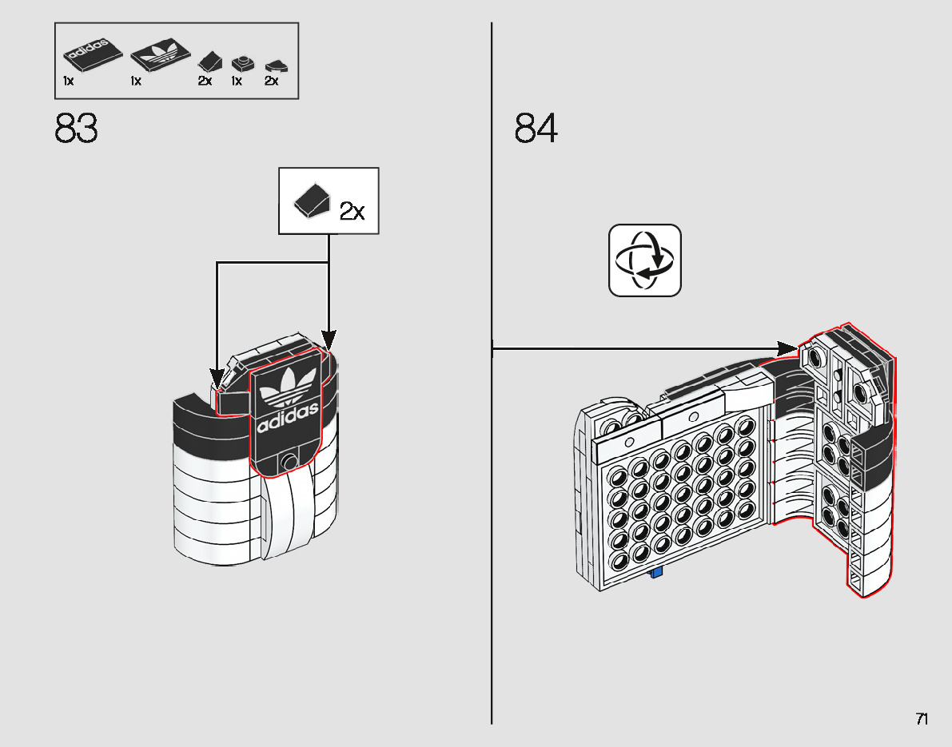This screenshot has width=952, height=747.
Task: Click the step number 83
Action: (x=77, y=129)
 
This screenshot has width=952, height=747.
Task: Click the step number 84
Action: (x=536, y=129)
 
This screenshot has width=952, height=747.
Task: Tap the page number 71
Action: (x=922, y=719)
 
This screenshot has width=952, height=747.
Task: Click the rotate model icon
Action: (x=645, y=260)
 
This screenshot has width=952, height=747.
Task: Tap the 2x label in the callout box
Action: (x=352, y=211)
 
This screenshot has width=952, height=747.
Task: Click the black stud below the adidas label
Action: (x=289, y=460)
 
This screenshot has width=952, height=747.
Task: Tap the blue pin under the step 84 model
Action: (x=657, y=572)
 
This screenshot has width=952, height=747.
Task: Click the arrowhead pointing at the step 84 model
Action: (x=788, y=348)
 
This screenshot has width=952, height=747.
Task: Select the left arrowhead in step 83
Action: (x=217, y=376)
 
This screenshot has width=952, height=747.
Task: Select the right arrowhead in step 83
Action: (x=329, y=340)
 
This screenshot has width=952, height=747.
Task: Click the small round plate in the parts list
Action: (x=240, y=62)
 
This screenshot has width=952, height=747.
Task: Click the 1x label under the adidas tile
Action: (x=69, y=81)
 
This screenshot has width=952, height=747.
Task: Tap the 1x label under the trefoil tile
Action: (x=137, y=81)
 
